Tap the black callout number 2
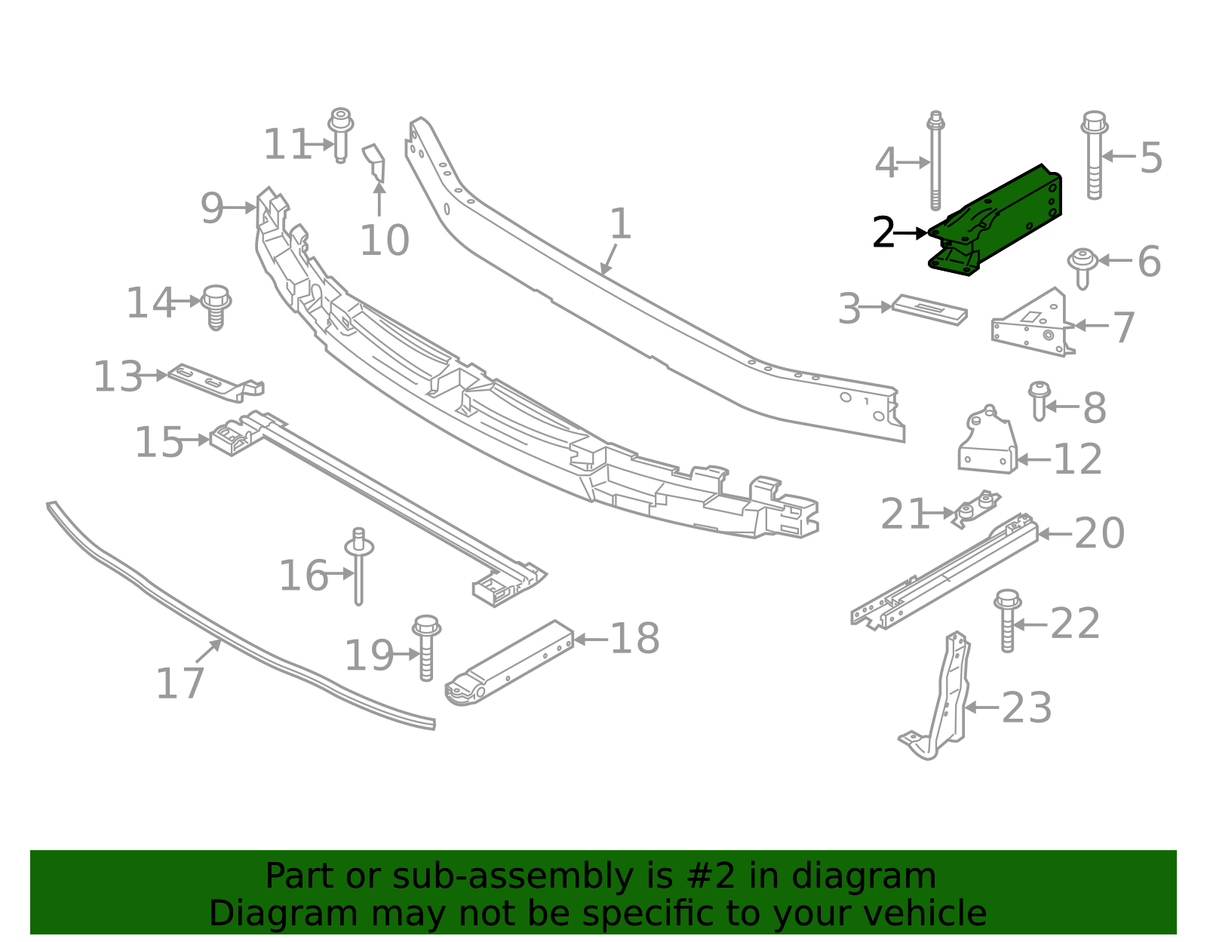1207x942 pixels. click(883, 233)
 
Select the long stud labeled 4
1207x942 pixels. click(935, 162)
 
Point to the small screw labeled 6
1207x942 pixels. click(1082, 266)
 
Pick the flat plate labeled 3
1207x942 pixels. click(929, 308)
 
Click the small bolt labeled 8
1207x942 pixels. click(1039, 400)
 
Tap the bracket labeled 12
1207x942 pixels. click(987, 444)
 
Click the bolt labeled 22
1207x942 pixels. click(1007, 620)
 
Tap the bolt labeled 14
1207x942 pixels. click(216, 306)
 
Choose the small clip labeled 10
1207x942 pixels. click(376, 163)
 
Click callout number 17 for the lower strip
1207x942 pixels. click(180, 683)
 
